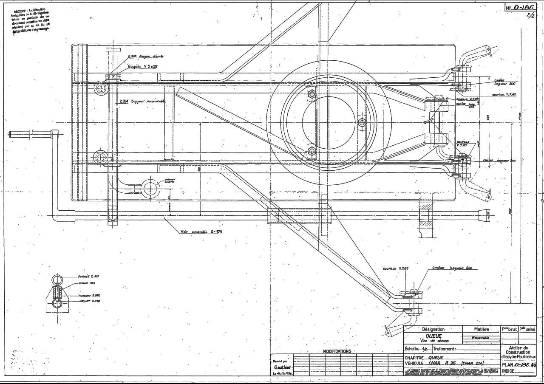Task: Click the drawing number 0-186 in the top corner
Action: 522,8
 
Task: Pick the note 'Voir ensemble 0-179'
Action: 201,232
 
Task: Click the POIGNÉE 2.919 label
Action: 88,277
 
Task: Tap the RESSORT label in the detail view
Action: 86,283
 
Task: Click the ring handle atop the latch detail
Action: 57,280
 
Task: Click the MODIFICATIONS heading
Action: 337,351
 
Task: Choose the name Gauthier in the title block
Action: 283,367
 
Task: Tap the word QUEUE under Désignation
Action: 433,336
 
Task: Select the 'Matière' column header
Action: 481,329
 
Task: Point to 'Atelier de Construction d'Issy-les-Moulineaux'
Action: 518,353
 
